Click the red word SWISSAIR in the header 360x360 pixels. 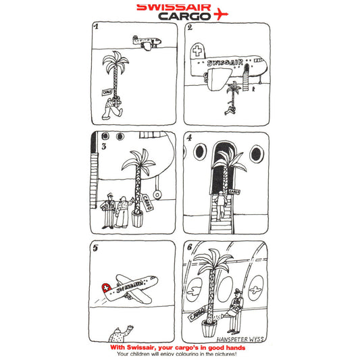click(172, 8)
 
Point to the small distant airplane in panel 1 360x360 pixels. click(147, 43)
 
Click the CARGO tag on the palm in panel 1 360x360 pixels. click(106, 91)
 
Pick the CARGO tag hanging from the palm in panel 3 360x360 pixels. click(147, 202)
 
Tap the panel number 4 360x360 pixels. click(189, 138)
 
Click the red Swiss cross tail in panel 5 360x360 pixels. click(105, 288)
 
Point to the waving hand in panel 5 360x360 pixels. click(130, 328)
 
